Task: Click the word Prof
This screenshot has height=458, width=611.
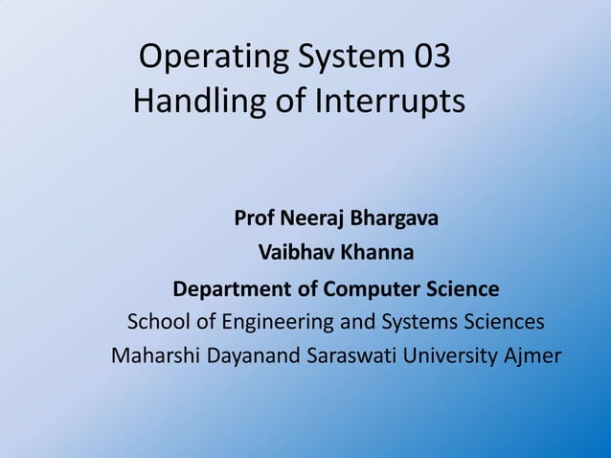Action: point(254,218)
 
